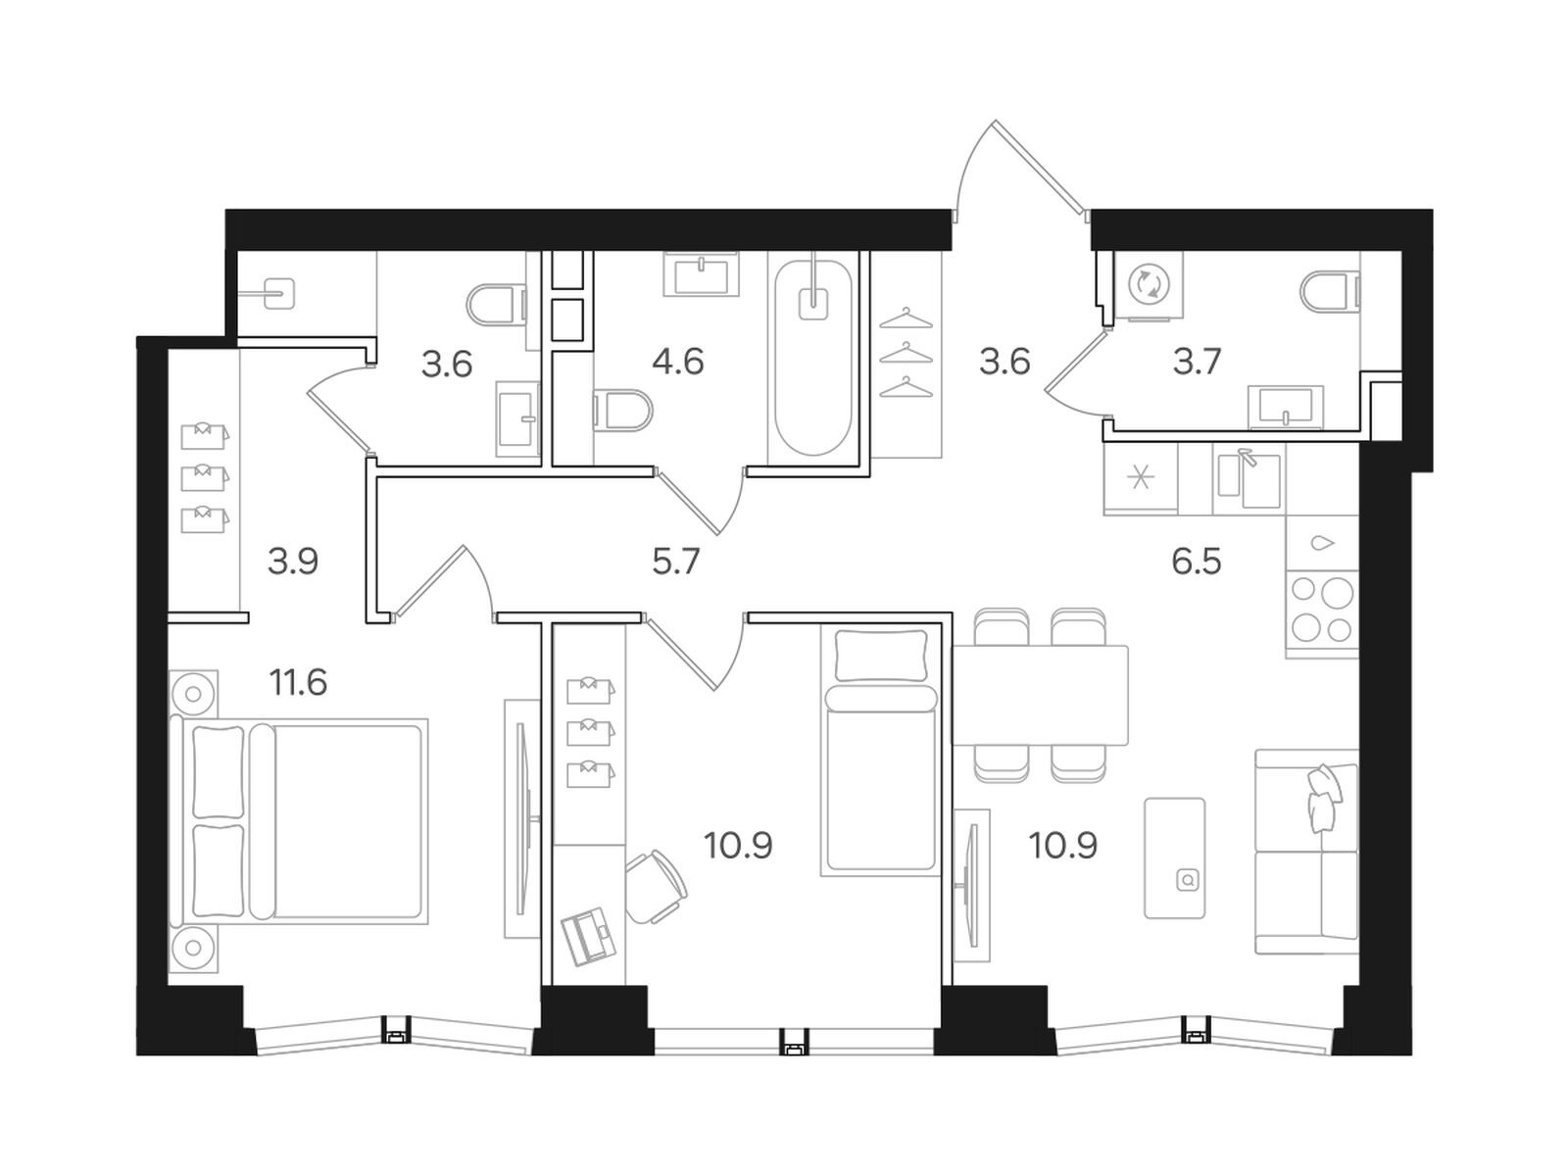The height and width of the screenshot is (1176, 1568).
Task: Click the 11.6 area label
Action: click(x=298, y=683)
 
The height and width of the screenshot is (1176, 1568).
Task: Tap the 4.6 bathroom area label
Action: click(x=678, y=362)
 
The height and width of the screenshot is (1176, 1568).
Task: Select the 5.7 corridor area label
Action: click(x=676, y=562)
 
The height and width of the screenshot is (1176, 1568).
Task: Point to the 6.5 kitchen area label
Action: click(x=1197, y=562)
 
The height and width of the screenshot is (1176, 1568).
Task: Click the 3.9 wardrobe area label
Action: click(x=293, y=562)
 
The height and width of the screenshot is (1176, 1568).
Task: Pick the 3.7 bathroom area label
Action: click(x=1197, y=362)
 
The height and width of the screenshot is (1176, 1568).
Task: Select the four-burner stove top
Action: click(x=1322, y=613)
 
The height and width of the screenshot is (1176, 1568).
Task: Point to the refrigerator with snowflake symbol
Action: click(x=1140, y=477)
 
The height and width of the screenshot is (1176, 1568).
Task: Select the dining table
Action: click(x=1040, y=695)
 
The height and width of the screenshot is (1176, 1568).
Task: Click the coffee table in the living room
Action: click(x=1174, y=857)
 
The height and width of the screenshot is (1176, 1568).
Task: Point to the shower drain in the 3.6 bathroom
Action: click(x=278, y=293)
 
